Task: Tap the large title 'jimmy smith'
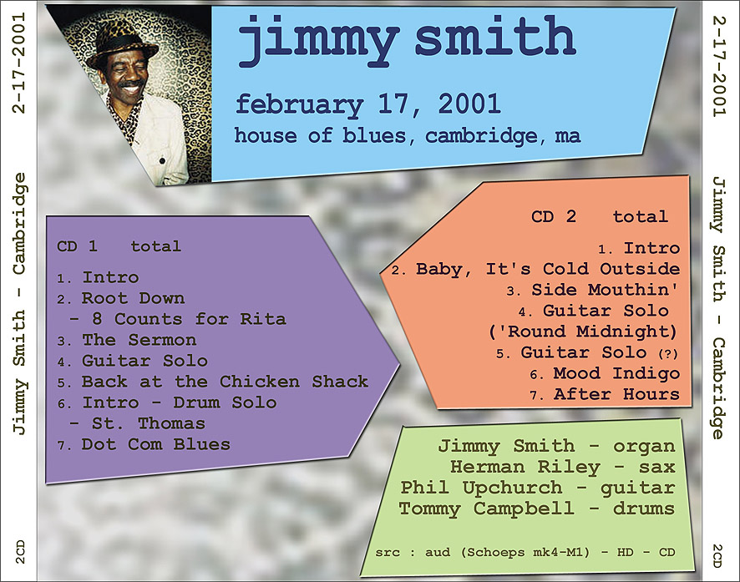coord(407,38)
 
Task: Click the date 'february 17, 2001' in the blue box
coord(367,104)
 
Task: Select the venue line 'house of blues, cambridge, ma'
coord(408,136)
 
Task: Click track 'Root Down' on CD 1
coord(133,298)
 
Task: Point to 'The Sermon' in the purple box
coord(139,340)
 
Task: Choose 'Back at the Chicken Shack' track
coord(225,381)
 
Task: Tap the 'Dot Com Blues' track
coord(155,444)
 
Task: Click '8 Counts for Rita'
coord(189,319)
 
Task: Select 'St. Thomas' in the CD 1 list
coord(148,423)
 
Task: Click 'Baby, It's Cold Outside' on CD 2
coord(548,269)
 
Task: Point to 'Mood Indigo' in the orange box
coord(616,373)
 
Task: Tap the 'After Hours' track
coord(617,394)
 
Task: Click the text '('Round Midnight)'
coord(583,331)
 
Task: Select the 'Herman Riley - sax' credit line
coord(563,467)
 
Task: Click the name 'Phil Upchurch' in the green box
coord(481,488)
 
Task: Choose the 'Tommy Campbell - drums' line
coord(536,509)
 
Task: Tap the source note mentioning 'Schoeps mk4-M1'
coord(525,552)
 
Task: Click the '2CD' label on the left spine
coord(19,552)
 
